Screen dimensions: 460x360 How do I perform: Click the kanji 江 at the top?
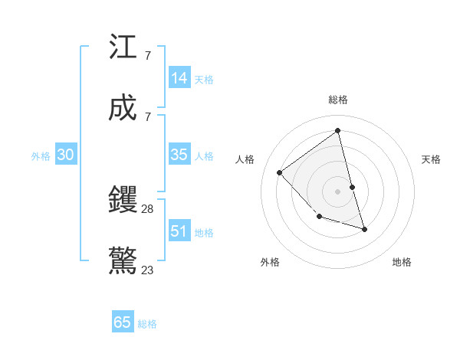point(123,47)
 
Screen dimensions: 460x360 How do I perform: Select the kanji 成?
point(123,108)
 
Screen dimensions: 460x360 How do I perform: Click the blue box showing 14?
point(179,78)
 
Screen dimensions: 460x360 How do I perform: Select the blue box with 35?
point(179,155)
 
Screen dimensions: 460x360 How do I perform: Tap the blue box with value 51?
point(179,231)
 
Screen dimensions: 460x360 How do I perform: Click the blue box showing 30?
point(66,155)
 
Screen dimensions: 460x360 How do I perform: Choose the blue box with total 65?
point(123,322)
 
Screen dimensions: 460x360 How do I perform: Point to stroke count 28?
point(148,209)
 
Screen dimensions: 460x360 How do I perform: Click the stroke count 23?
point(148,270)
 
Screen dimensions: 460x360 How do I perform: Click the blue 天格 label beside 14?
point(204,80)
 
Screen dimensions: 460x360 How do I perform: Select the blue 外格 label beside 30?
point(41,156)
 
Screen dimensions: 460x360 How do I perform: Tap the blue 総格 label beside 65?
point(147,324)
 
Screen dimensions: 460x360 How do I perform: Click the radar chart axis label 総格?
point(338,100)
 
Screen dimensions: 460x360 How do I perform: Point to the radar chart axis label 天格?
point(432,159)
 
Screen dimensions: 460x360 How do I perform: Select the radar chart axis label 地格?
point(402,262)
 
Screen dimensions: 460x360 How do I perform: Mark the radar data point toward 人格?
point(280,172)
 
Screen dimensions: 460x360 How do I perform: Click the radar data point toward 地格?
point(364,229)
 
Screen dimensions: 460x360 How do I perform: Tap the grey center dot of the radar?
point(338,191)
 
